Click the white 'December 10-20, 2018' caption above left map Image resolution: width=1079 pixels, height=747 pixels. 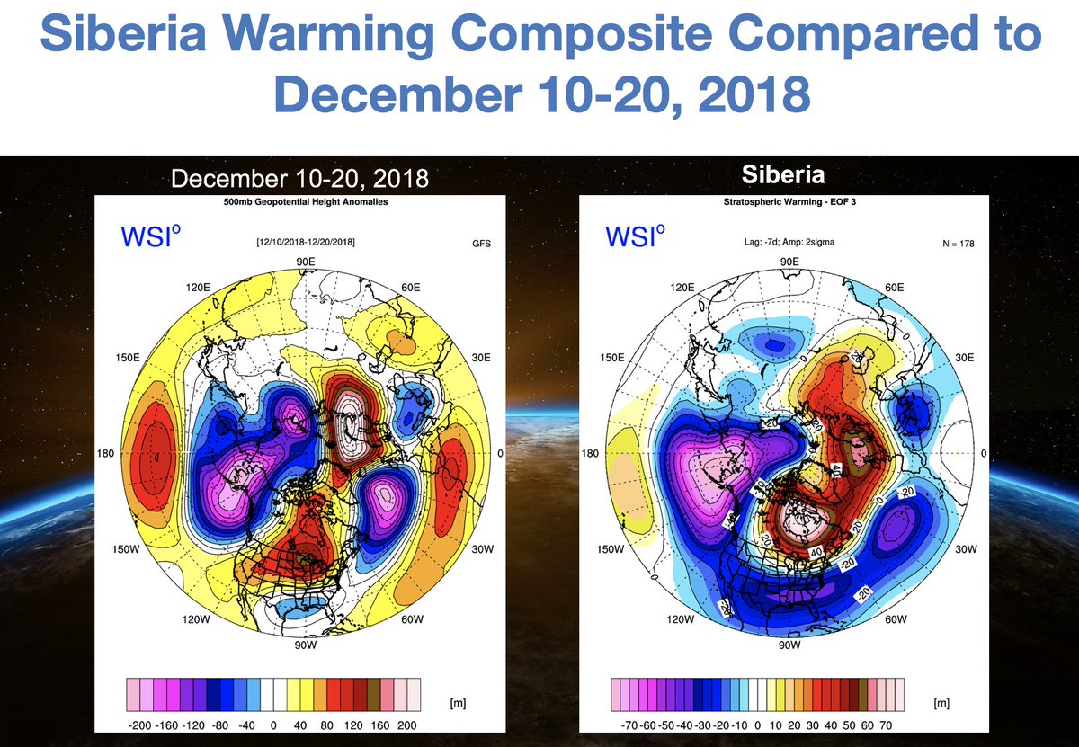pos(299,179)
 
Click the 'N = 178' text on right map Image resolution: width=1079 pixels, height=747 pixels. pos(956,243)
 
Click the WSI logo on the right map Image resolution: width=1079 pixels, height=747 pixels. pos(636,237)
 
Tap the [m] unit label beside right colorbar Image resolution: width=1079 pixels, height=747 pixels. pos(942,702)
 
